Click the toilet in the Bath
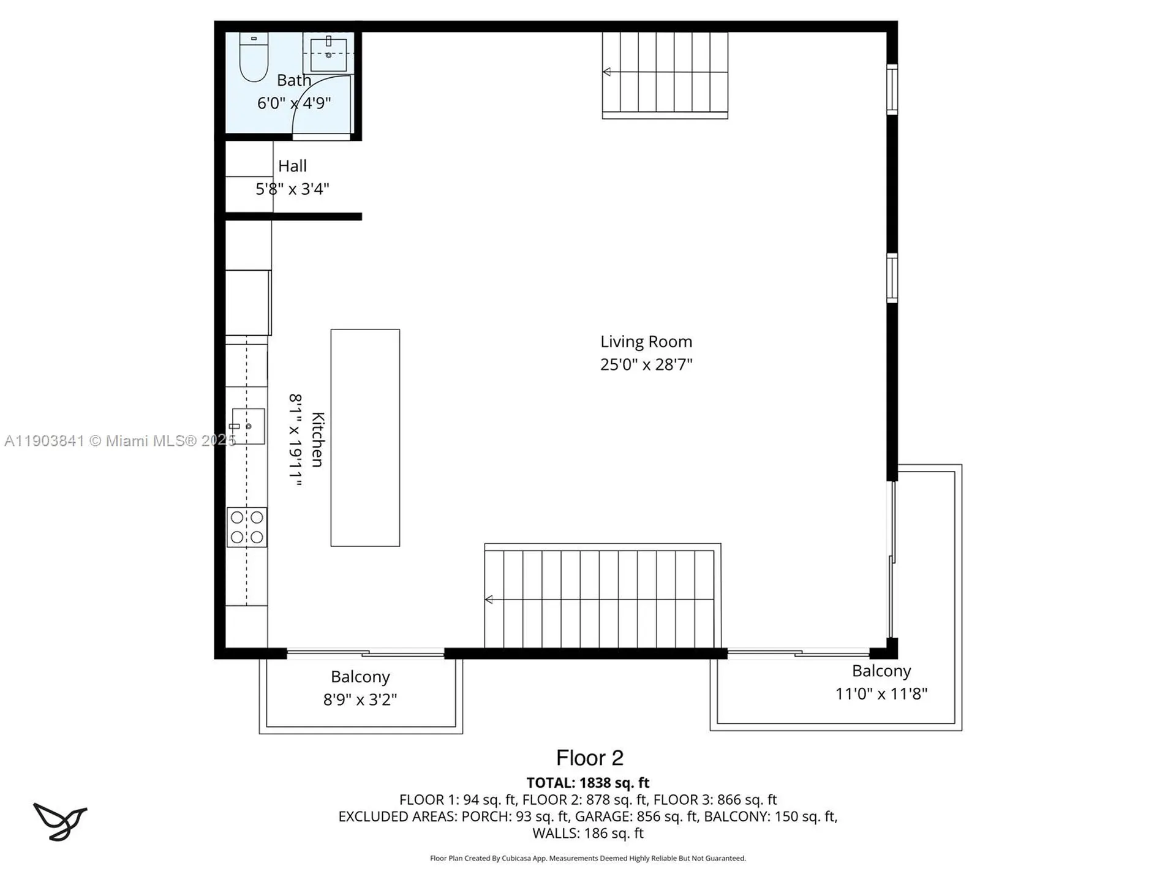(254, 59)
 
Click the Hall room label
(292, 166)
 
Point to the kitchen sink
(249, 426)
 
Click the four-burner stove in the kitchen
(247, 527)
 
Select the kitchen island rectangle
(365, 437)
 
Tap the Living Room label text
(646, 342)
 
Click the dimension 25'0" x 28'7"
(646, 364)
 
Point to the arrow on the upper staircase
(606, 72)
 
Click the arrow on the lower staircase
(489, 599)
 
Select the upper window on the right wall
(892, 89)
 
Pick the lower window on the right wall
(892, 278)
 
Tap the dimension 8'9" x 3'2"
(360, 699)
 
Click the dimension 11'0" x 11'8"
(881, 694)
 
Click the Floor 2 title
(589, 758)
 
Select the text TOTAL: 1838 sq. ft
(588, 783)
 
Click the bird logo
(60, 821)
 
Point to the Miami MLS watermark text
(119, 441)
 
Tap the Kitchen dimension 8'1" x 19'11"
(296, 440)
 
